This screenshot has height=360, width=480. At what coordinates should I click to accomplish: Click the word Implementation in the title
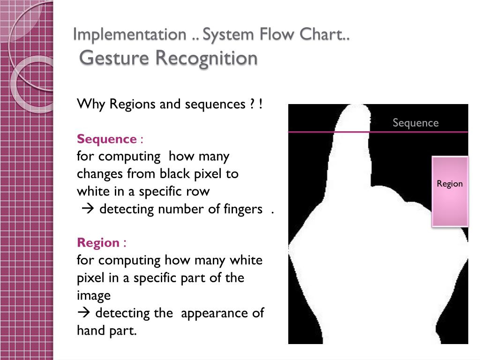(129, 34)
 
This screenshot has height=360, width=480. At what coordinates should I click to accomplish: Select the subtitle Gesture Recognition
(169, 58)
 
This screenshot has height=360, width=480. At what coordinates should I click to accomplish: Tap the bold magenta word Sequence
(106, 139)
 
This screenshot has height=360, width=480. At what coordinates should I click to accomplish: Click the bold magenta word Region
(98, 243)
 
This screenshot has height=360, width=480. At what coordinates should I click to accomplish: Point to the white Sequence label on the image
(415, 123)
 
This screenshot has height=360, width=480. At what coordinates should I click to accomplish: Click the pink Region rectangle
(450, 191)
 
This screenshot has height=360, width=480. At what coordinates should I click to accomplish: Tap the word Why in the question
(91, 104)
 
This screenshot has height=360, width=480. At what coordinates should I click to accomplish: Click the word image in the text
(94, 295)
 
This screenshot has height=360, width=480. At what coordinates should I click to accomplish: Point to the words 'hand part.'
(106, 330)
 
